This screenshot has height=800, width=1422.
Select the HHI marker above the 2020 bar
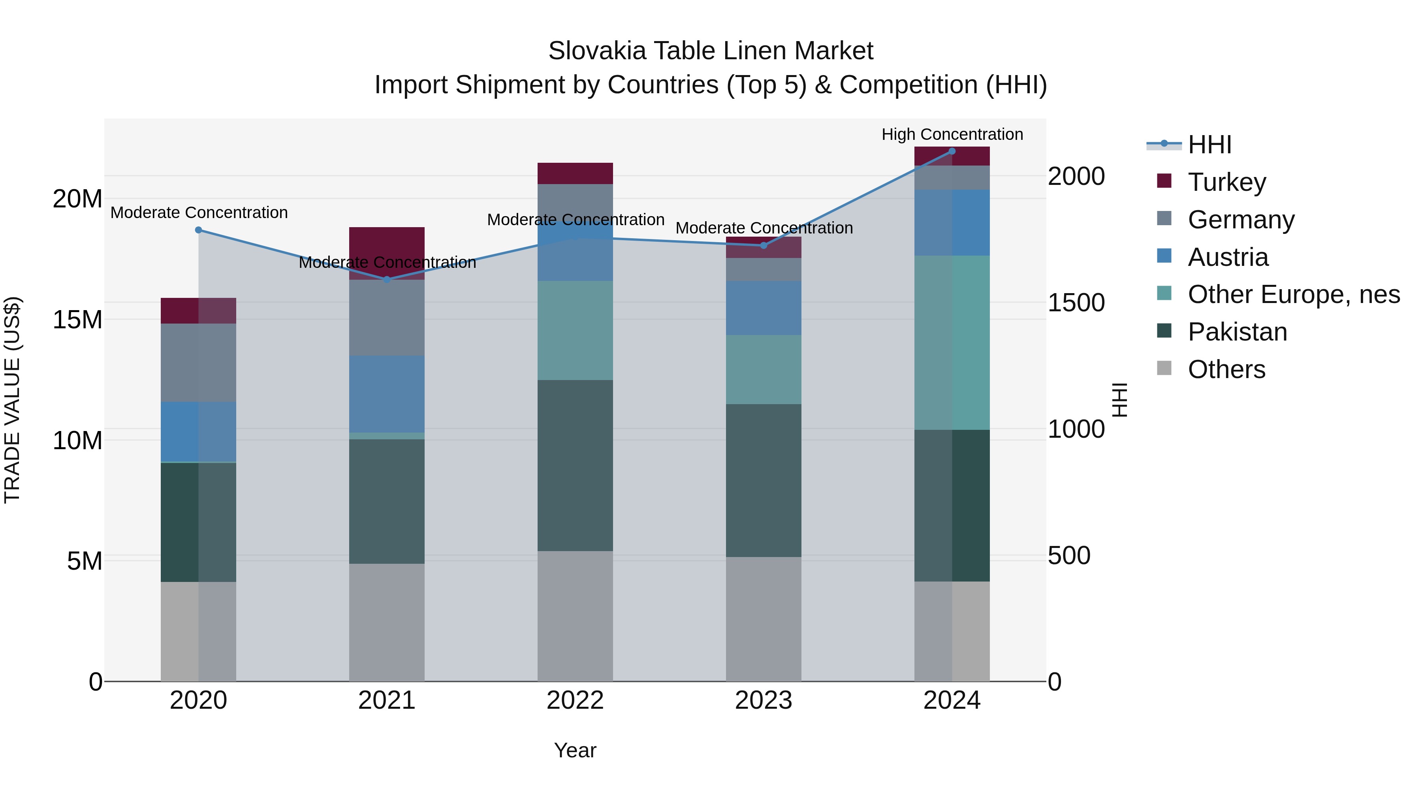[x=198, y=230]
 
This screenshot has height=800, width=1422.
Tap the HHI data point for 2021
[x=386, y=279]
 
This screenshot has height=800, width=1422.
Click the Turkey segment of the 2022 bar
[x=575, y=173]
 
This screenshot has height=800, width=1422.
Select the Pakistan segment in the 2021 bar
[x=386, y=501]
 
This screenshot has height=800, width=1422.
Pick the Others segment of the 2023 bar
[x=764, y=618]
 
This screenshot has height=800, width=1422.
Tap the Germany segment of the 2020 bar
[x=198, y=362]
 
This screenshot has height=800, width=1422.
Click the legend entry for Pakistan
[x=1236, y=332]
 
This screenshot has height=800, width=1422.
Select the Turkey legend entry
[x=1226, y=182]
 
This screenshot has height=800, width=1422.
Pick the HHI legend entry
[x=1209, y=145]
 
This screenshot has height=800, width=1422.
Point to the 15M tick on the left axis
[x=77, y=320]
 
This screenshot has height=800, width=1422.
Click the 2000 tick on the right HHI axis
[x=1076, y=177]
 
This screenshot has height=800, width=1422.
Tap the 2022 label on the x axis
[x=575, y=700]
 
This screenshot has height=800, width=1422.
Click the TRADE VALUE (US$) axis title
[x=12, y=400]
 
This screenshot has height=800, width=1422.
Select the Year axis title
[x=575, y=750]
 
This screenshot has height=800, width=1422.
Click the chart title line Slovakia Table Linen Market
[x=711, y=51]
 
